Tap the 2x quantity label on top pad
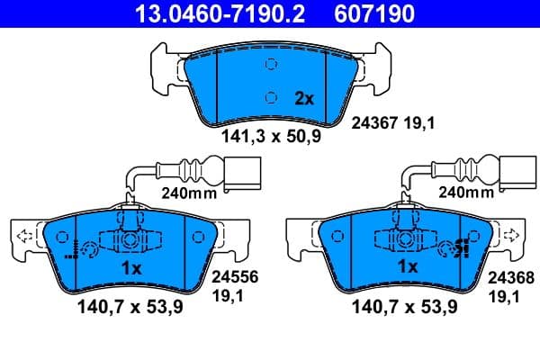click(x=303, y=100)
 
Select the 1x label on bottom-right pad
click(x=408, y=267)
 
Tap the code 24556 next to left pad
click(x=229, y=280)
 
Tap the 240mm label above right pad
click(x=465, y=192)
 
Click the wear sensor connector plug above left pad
click(x=242, y=171)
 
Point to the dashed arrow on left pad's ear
click(x=26, y=237)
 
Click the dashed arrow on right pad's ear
click(x=509, y=236)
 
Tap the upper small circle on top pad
click(x=271, y=65)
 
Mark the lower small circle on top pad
click(x=271, y=98)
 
